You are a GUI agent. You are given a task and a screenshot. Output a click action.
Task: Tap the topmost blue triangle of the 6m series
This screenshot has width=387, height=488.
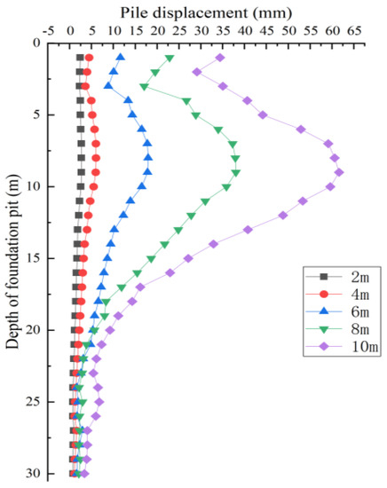(121, 58)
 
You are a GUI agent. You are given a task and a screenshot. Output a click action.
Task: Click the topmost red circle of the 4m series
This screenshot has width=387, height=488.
(89, 58)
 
